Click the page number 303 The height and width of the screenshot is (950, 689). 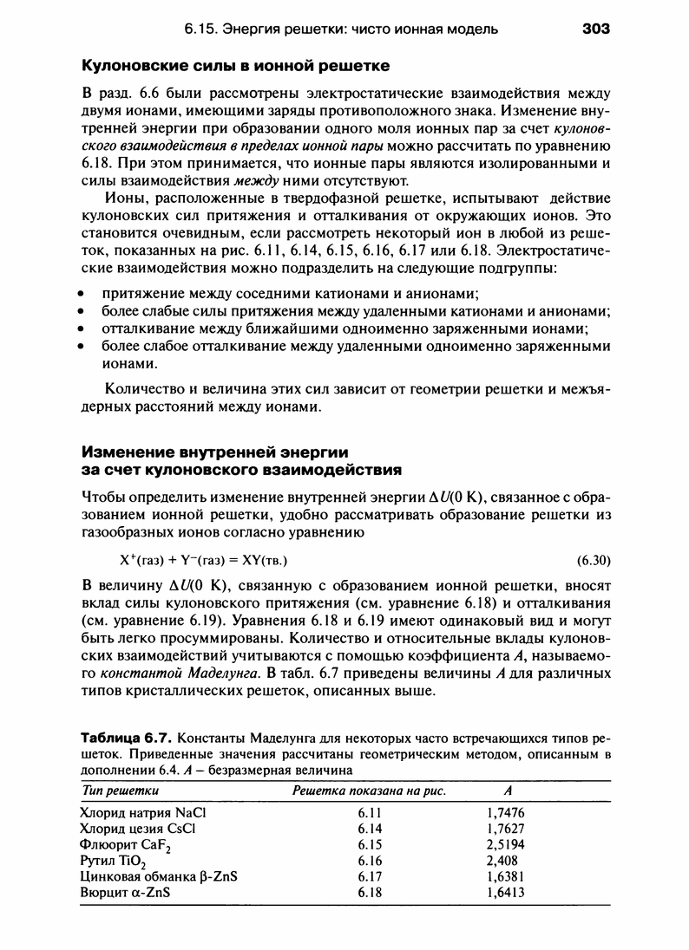point(596,29)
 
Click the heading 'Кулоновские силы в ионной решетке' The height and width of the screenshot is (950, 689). point(235,66)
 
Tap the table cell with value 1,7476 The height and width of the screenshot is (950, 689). point(506,813)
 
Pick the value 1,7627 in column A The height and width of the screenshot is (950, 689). point(506,829)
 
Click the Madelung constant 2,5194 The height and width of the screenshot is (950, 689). point(506,844)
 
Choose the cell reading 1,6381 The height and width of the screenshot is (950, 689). point(506,875)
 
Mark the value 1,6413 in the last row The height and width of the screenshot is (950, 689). point(506,891)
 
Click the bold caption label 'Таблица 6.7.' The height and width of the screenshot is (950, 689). point(126,739)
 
